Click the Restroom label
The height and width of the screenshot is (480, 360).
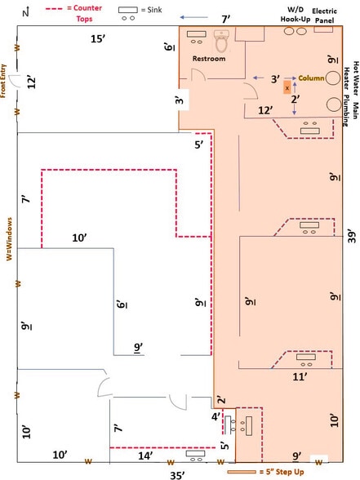point(209,59)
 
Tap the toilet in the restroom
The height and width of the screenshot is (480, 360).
point(222,41)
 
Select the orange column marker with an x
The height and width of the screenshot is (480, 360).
point(287,88)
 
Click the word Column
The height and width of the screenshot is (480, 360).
point(311,78)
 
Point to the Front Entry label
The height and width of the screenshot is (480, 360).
point(3,81)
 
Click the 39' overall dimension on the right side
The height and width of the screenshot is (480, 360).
point(352,237)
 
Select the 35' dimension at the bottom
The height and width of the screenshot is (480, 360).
point(178,475)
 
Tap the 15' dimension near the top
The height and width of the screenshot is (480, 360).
point(98,39)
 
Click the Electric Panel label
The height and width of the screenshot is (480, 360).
point(325,16)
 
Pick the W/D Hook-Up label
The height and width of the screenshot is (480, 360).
point(296,15)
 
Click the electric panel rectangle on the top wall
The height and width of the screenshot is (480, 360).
point(323,29)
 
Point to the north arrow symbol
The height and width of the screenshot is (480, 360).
point(26,12)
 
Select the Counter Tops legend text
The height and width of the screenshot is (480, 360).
point(85,13)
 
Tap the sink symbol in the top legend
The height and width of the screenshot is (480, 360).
point(128,13)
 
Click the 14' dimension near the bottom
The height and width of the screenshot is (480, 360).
point(145,456)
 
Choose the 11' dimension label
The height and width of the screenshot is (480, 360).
point(300,377)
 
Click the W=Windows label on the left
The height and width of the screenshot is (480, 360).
point(10,238)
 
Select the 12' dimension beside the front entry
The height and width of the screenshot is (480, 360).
point(31,82)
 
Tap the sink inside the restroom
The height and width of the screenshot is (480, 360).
point(197,37)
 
